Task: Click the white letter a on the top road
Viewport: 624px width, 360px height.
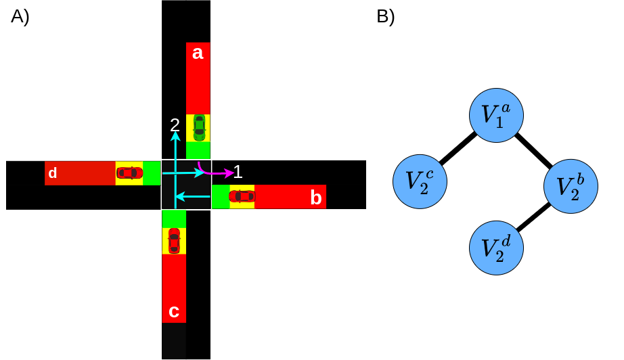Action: click(x=198, y=53)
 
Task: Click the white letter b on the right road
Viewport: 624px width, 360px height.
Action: click(x=315, y=198)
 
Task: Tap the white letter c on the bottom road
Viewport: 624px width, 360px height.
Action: click(x=174, y=311)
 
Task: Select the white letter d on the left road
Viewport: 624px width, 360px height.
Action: click(x=53, y=173)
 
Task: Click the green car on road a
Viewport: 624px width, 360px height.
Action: click(x=199, y=127)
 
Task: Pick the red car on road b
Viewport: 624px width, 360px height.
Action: click(x=242, y=196)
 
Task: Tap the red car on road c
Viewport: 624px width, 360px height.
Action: click(x=174, y=241)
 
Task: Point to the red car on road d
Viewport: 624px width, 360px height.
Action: click(x=129, y=173)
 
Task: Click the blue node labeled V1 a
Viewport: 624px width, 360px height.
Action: click(x=496, y=115)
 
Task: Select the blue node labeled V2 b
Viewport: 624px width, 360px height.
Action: click(x=571, y=186)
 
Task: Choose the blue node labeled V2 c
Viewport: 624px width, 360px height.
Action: click(x=420, y=181)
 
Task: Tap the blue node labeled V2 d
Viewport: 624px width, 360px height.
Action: click(x=496, y=248)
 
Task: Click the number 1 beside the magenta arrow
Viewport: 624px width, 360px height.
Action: click(x=238, y=172)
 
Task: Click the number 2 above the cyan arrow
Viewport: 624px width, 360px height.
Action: click(x=175, y=125)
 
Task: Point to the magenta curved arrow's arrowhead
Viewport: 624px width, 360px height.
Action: click(x=229, y=173)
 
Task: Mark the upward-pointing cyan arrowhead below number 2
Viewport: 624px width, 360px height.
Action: click(x=175, y=136)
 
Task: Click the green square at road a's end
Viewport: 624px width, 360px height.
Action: click(x=198, y=150)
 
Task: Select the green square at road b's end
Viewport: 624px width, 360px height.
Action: click(x=221, y=196)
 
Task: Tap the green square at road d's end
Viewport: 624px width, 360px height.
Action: click(x=152, y=173)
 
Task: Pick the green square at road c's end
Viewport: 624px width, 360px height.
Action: click(x=174, y=219)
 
